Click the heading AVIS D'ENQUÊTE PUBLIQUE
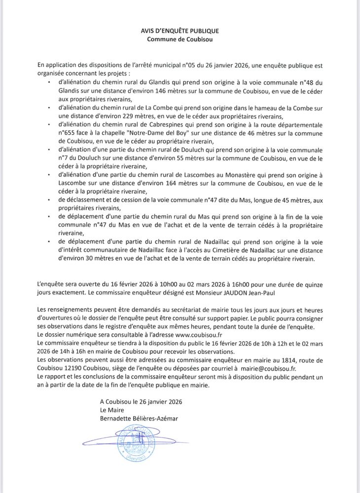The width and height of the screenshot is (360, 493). coord(180,31)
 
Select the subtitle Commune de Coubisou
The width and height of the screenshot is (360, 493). coord(180,39)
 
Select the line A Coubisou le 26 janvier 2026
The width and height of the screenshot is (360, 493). coord(141,402)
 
